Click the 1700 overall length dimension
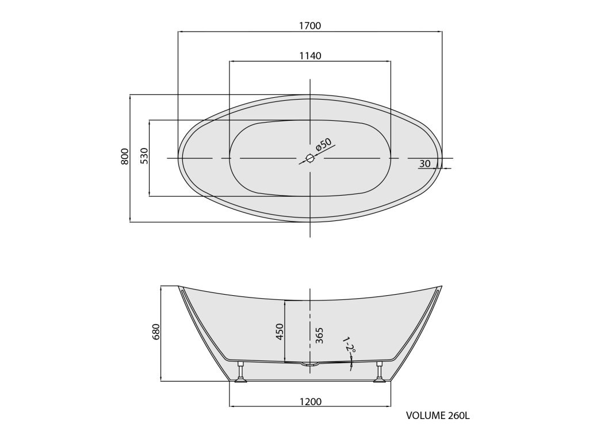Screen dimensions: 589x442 coord(310,25)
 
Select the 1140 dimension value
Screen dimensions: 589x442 coord(310,56)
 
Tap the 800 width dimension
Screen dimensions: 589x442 coord(125,157)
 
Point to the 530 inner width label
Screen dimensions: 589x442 coord(144,156)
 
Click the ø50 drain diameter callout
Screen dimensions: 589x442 coord(323,144)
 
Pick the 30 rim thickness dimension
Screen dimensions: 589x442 coord(425,164)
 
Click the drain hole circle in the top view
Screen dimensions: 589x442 coord(310,158)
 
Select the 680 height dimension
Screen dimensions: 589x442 coord(156,331)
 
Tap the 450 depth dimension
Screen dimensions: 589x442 coord(280,332)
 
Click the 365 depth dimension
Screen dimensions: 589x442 coord(319,336)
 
